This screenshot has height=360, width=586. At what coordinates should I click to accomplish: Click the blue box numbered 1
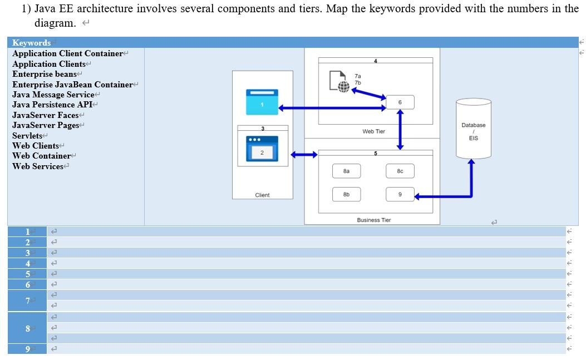click(x=262, y=102)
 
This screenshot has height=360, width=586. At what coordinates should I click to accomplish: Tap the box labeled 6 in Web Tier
click(x=400, y=102)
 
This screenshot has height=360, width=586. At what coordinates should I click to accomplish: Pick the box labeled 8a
click(x=346, y=171)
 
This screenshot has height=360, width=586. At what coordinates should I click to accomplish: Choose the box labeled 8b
click(x=346, y=194)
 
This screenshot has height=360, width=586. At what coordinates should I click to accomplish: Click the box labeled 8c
click(x=400, y=171)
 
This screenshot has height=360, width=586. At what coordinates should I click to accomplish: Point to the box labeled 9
click(x=400, y=194)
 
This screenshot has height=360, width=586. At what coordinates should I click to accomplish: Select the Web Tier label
click(x=373, y=132)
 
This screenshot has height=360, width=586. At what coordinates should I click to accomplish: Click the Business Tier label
click(x=373, y=220)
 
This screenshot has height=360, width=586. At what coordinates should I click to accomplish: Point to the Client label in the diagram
click(x=262, y=195)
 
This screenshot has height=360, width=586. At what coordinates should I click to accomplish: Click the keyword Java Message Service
click(x=53, y=95)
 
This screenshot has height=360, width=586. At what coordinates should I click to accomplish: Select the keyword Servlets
click(x=27, y=136)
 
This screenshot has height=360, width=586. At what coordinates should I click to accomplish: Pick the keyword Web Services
click(x=38, y=166)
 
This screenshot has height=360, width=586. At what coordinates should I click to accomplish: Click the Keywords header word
click(x=31, y=43)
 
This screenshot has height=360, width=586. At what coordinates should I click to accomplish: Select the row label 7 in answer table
click(x=27, y=300)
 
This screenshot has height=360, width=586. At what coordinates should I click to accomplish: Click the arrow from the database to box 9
click(x=471, y=184)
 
